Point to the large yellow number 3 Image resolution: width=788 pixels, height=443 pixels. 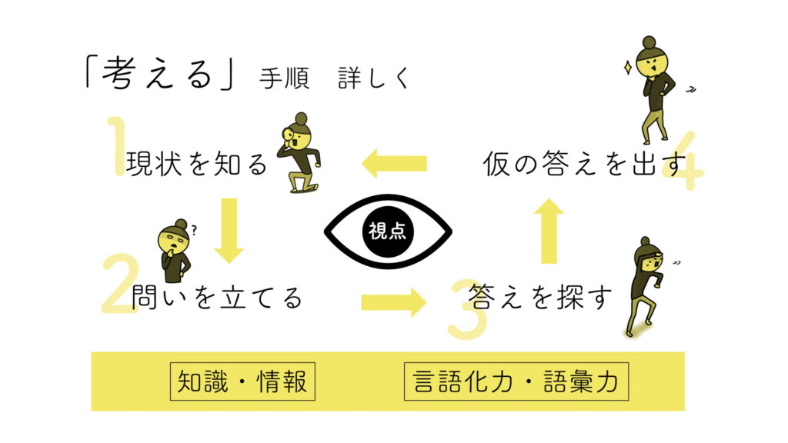[x=468, y=308]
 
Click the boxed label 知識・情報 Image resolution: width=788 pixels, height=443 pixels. [x=242, y=381]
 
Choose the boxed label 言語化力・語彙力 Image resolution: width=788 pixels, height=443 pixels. [x=516, y=381]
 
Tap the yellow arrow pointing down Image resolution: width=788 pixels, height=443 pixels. [x=229, y=230]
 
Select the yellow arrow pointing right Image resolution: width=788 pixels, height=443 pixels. [x=393, y=301]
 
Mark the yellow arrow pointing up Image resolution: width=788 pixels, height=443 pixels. [x=549, y=231]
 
